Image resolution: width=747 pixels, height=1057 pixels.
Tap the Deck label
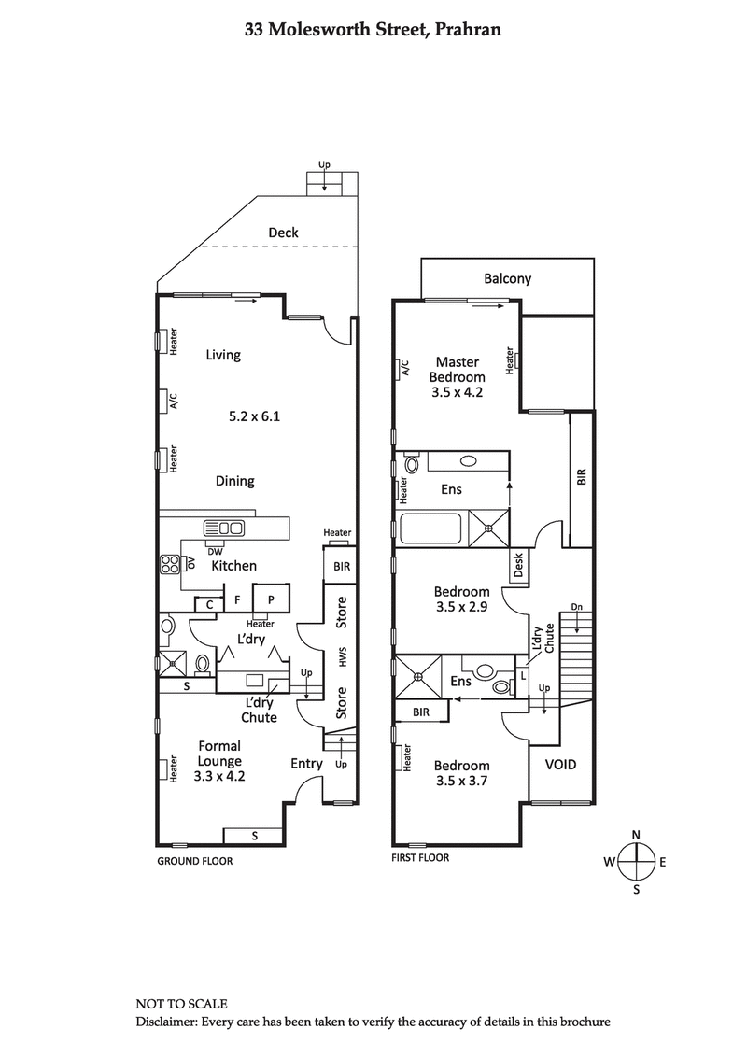click(x=283, y=232)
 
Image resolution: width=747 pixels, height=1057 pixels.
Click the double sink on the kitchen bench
click(x=231, y=528)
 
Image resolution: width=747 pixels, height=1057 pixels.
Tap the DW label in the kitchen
click(x=214, y=550)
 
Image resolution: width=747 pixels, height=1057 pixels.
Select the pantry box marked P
click(x=271, y=600)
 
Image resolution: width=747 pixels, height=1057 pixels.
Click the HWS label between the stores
click(x=343, y=657)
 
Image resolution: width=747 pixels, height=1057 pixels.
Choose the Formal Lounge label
click(x=219, y=753)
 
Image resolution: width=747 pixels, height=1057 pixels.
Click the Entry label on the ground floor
click(x=306, y=763)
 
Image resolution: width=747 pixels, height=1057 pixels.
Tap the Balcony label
click(x=507, y=278)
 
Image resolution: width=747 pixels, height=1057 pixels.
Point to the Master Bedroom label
click(x=457, y=370)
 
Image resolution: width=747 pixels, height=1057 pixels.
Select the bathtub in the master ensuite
click(x=430, y=529)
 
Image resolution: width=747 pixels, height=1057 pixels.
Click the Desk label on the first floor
click(x=518, y=564)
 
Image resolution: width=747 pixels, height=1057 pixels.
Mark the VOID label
click(x=559, y=764)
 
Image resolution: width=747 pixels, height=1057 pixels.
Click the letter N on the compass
click(x=636, y=835)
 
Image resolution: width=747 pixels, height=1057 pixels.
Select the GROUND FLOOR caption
click(x=194, y=861)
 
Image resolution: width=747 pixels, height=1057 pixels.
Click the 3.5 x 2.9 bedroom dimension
click(x=461, y=608)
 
